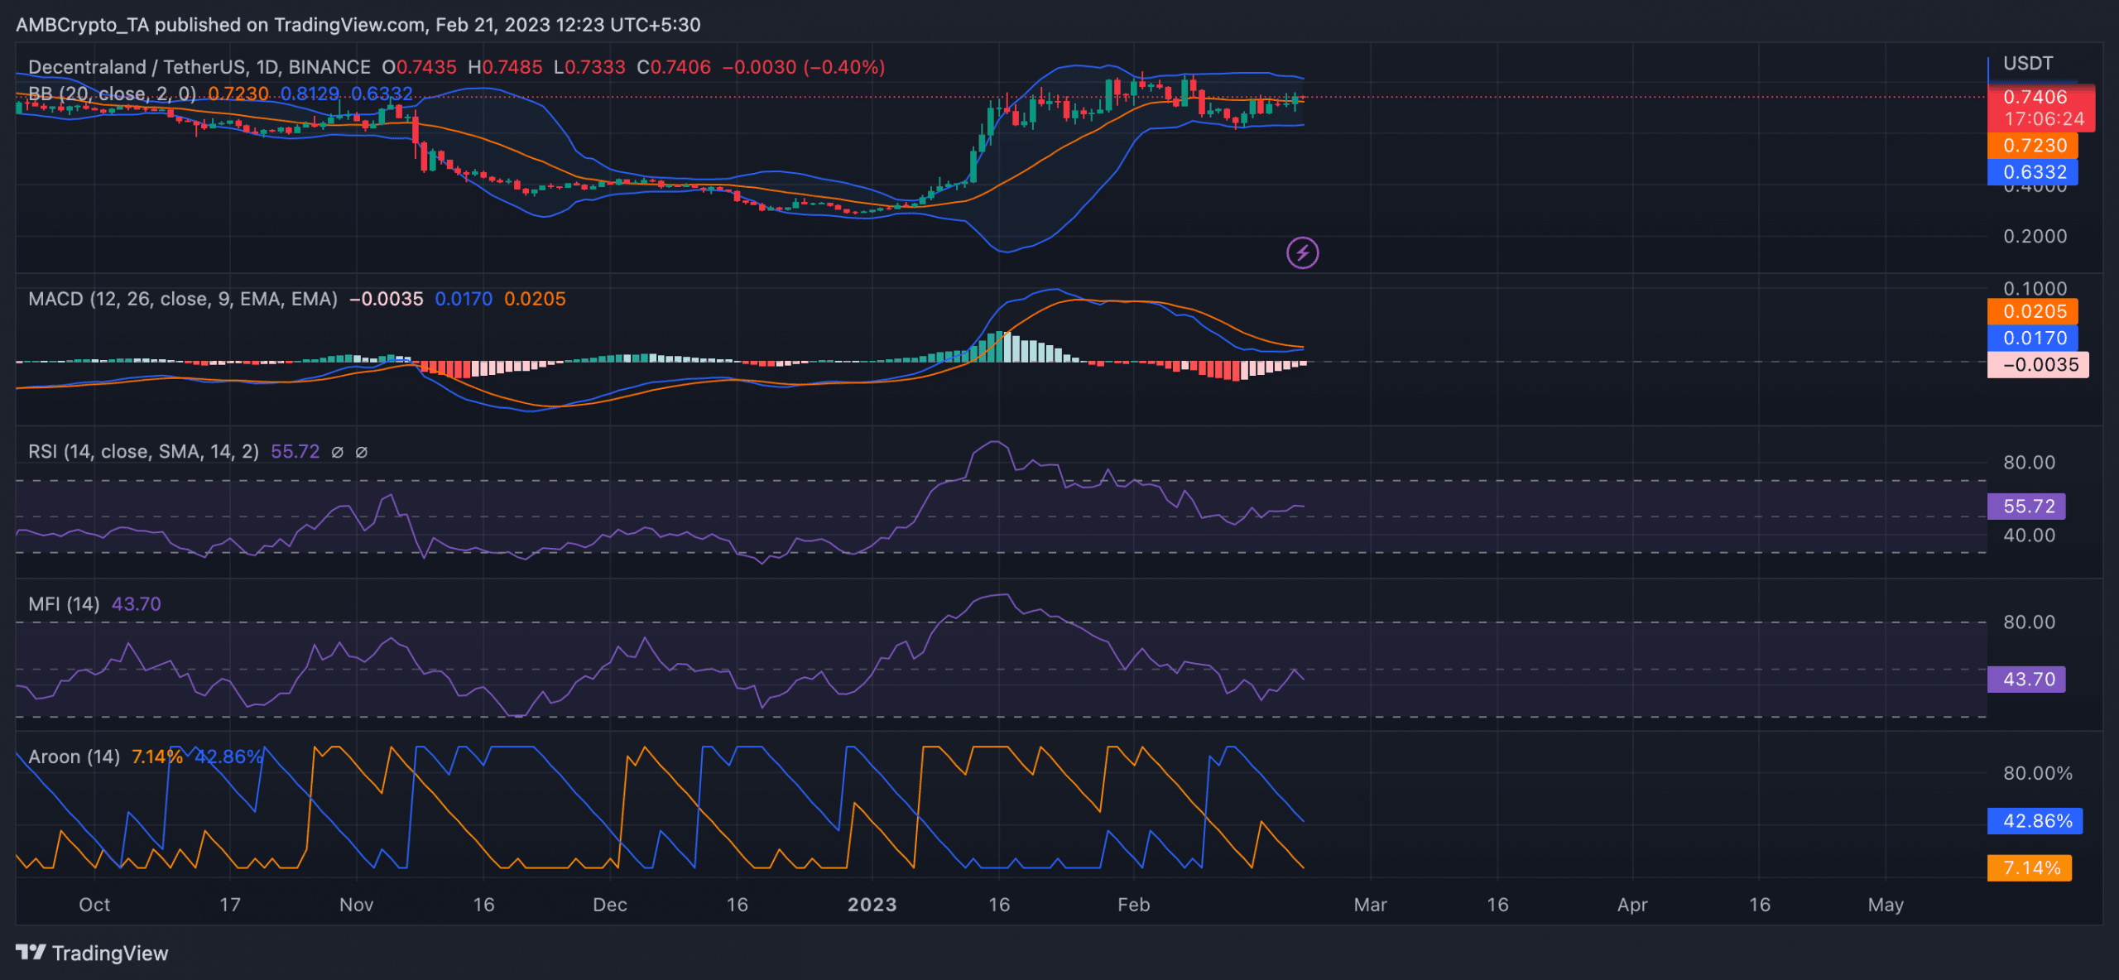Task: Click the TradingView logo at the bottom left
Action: pos(91,953)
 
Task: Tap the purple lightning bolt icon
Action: pos(1302,252)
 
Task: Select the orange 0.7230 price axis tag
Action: pos(2033,146)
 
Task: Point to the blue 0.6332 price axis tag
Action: pos(2033,172)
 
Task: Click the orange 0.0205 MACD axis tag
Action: pos(2033,311)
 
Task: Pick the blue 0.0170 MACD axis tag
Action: pos(2033,338)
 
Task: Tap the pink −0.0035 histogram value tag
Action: pos(2038,364)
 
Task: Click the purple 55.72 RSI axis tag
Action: pos(2026,506)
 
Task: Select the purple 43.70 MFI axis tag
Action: pos(2026,679)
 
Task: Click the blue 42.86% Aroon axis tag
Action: pos(2035,821)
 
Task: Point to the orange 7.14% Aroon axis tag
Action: pos(2030,867)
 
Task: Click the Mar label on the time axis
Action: pos(1370,905)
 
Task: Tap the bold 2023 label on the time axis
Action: pos(872,905)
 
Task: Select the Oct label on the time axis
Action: pos(94,905)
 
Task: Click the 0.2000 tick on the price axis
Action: pos(2035,236)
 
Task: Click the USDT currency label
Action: pos(2027,64)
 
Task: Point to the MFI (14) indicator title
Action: pos(64,604)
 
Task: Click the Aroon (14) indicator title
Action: pos(74,757)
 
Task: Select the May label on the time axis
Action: pos(1885,905)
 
